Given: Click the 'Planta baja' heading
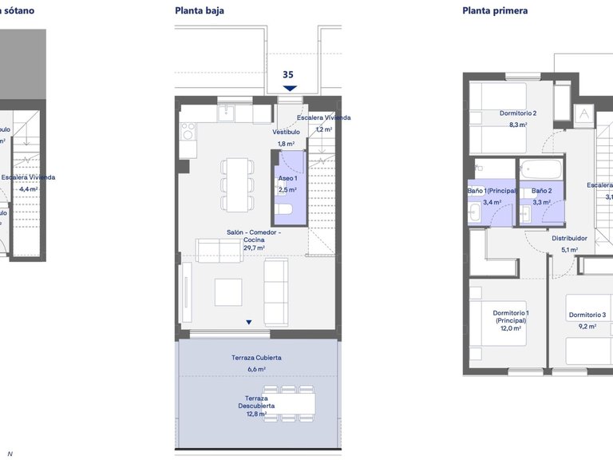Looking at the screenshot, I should pos(199,11).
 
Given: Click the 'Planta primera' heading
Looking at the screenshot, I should pos(495,11).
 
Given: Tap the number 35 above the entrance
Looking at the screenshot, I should pos(288,74).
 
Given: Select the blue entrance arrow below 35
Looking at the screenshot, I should pos(289,88).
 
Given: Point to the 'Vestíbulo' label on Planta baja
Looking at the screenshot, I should pos(286,132).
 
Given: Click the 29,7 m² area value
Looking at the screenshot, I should pos(254,248).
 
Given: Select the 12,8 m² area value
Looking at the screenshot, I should pos(256,414).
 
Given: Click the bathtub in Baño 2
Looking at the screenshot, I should pos(540,169).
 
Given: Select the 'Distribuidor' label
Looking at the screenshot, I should pos(569,238).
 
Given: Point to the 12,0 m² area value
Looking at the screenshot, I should pos(511,328).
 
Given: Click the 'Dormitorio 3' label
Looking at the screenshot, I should pos(587,315).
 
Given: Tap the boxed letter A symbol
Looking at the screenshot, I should pos(584,114).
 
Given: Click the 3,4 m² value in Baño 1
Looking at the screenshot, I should pos(492,202).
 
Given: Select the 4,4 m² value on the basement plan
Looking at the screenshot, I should pos(29,189).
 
